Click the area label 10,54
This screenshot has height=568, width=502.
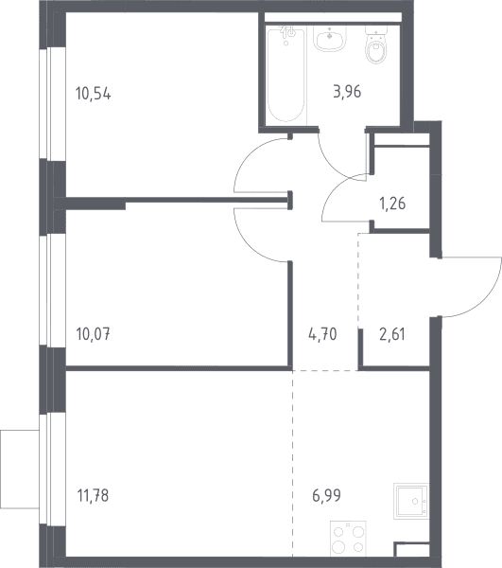click(94, 94)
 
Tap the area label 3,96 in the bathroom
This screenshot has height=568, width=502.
click(347, 92)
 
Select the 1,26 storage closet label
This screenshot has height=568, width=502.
click(392, 204)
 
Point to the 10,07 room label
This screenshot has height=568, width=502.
click(94, 333)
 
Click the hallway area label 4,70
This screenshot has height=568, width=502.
click(322, 333)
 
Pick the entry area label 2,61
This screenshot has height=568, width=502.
click(392, 334)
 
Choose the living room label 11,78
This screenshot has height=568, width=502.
click(93, 495)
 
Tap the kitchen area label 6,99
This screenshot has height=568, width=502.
click(326, 495)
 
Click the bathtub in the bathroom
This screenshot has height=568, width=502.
click(286, 75)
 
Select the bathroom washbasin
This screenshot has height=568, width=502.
click(330, 39)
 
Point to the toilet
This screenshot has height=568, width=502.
click(376, 44)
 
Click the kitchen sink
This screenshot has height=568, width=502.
click(411, 502)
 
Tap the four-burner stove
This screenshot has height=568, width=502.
click(348, 539)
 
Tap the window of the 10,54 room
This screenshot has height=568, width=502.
click(48, 104)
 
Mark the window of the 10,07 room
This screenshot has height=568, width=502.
click(48, 291)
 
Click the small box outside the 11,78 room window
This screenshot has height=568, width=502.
click(20, 470)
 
